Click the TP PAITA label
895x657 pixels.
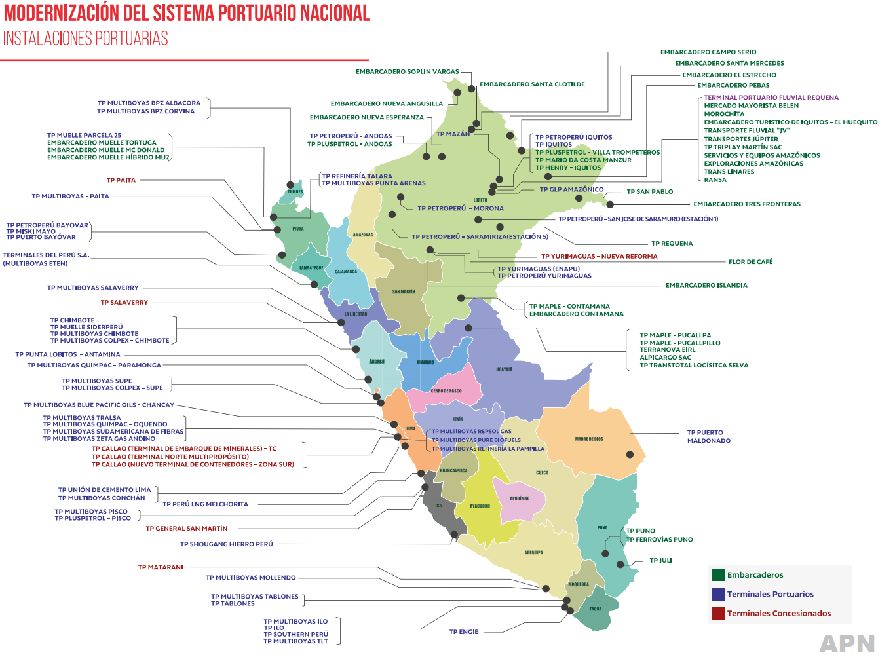121,180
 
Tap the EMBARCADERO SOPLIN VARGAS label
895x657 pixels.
407,72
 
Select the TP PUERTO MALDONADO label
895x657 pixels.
708,437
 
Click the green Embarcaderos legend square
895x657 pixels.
718,575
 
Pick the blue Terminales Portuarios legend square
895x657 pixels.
718,594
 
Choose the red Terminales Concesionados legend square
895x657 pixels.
718,613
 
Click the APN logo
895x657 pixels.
847,643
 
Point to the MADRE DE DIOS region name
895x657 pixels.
589,439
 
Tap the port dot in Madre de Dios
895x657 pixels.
630,455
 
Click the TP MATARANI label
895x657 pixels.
161,567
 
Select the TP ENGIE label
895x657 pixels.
464,632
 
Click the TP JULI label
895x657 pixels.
660,561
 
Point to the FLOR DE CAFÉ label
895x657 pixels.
750,262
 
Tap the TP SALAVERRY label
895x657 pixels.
124,303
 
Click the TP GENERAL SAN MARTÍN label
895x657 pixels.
187,529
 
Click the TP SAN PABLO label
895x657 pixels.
649,192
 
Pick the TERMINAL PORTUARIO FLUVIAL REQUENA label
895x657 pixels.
771,98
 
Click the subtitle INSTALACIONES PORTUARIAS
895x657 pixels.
86,39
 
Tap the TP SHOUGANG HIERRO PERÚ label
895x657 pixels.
226,544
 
